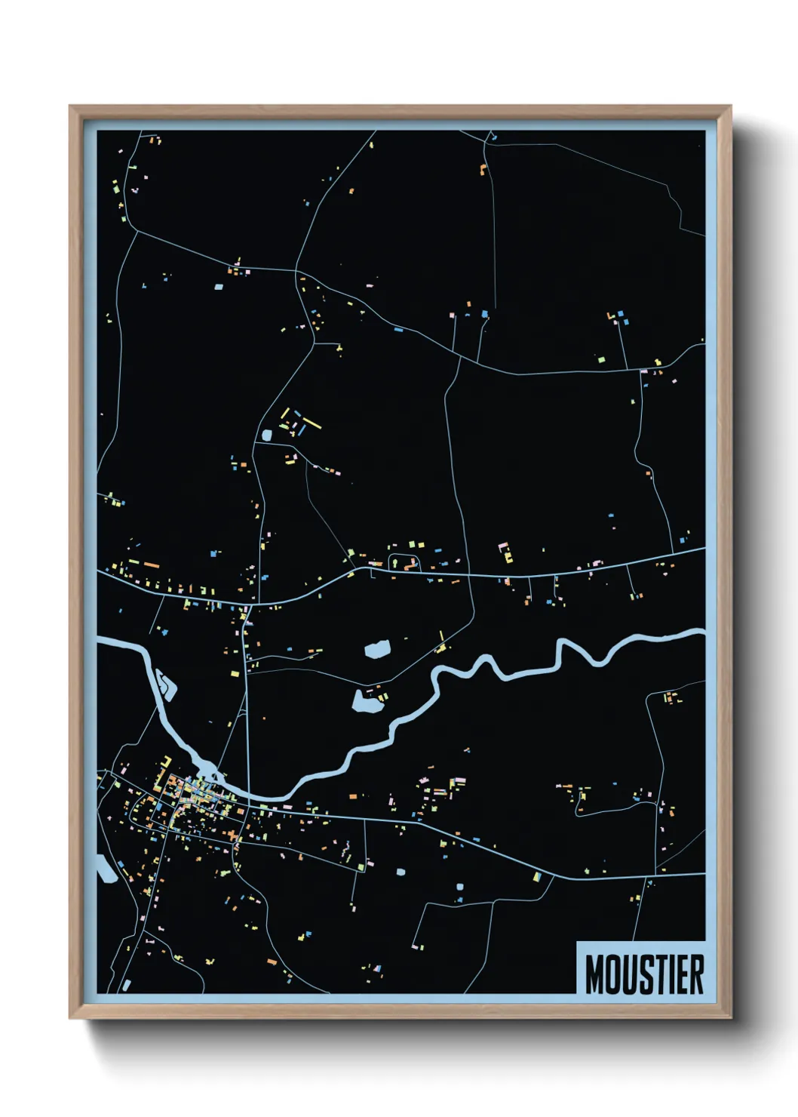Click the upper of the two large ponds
[x=377, y=648]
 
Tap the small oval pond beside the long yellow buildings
[x=265, y=435]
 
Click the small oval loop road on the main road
[x=404, y=562]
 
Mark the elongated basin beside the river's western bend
[x=165, y=684]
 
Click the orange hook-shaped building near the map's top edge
[x=482, y=169]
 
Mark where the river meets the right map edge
[x=703, y=635]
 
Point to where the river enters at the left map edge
[x=100, y=642]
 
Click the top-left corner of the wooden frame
[x=70, y=106]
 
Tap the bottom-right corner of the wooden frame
[x=730, y=1017]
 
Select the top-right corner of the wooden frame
[x=730, y=106]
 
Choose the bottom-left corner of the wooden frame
[x=70, y=1017]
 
